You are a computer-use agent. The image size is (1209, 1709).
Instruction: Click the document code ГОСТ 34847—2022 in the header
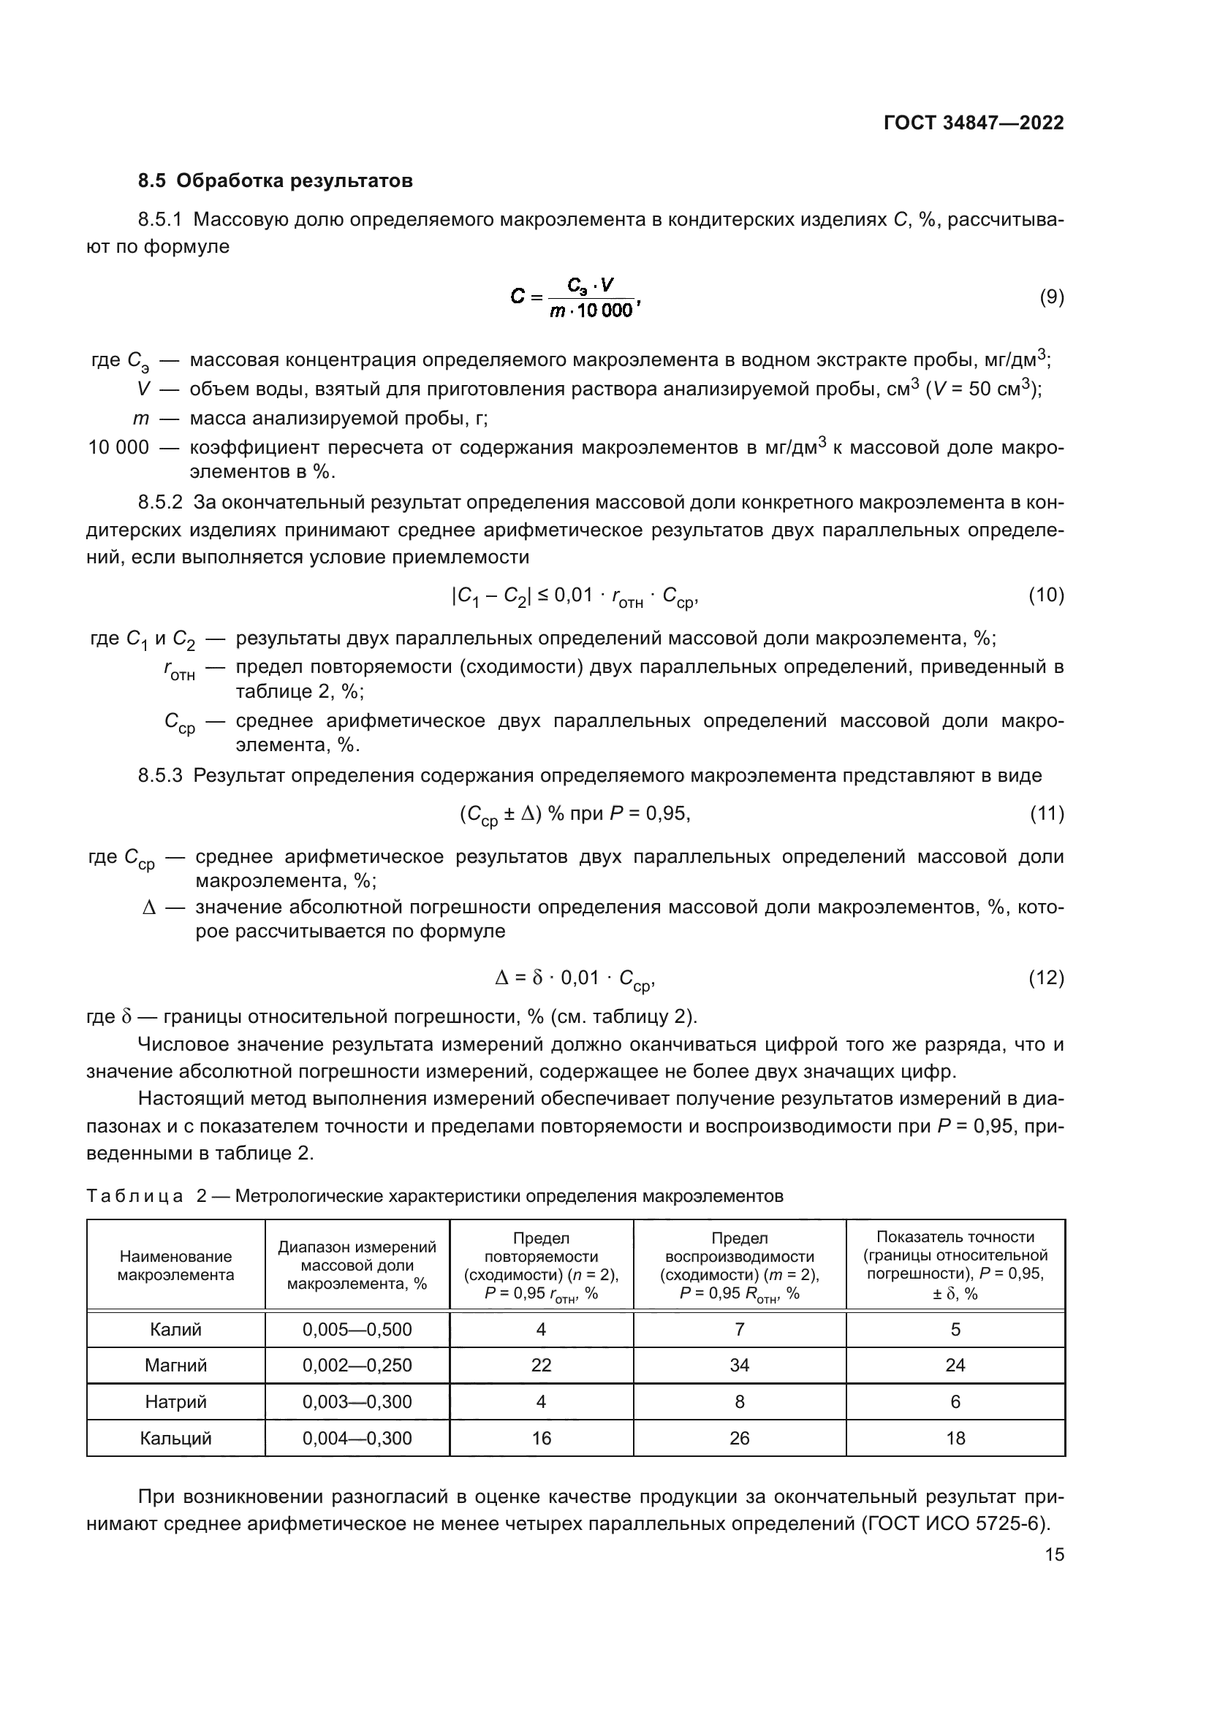point(973,123)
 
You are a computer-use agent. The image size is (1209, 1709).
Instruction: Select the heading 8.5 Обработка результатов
point(276,181)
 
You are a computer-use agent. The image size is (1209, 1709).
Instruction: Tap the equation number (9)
point(1051,297)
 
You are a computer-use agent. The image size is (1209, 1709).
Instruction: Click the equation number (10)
point(1046,595)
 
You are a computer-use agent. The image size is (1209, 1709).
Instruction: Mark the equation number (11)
point(1047,813)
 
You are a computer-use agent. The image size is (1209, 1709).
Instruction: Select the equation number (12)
point(1046,978)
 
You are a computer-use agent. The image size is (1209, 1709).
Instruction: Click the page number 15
point(1054,1554)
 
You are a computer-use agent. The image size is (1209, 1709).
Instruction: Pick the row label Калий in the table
point(175,1329)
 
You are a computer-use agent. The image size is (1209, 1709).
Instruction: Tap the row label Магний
point(175,1365)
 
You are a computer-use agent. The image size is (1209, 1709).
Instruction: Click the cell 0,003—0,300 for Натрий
point(357,1401)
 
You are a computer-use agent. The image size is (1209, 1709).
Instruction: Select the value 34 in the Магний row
point(739,1365)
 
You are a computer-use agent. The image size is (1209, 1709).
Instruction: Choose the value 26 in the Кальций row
point(739,1438)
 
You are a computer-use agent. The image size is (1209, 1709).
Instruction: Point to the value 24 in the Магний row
point(955,1365)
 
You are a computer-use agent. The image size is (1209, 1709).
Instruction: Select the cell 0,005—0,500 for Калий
point(357,1329)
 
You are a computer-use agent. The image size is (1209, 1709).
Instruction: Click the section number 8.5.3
point(160,776)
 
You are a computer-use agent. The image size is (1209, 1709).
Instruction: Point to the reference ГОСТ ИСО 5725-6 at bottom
point(955,1523)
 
